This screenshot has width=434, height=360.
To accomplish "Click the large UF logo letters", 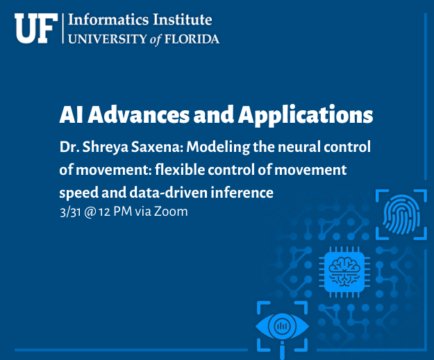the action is [x=36, y=28].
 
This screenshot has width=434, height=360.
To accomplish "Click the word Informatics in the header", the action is [x=108, y=20].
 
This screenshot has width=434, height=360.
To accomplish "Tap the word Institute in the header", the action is [x=183, y=20].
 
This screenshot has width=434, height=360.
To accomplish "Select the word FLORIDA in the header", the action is [x=192, y=39].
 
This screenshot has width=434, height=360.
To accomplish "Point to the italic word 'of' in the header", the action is [x=156, y=40].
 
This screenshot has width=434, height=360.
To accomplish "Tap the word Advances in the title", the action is [x=138, y=114].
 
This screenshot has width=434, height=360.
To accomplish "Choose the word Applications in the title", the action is [x=306, y=116].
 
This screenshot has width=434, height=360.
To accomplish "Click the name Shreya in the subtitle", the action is [x=106, y=147].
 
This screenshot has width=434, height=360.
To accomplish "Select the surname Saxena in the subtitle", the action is [x=156, y=146].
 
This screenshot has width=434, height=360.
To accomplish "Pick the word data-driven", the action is [x=168, y=192].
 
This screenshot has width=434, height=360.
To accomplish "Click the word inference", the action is [x=242, y=192].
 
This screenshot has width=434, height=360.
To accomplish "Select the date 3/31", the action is [x=70, y=212].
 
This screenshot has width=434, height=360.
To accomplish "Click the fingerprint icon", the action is [x=401, y=214].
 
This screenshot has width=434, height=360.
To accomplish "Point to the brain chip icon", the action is [x=344, y=272].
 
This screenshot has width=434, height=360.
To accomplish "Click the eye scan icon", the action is [x=283, y=327].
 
